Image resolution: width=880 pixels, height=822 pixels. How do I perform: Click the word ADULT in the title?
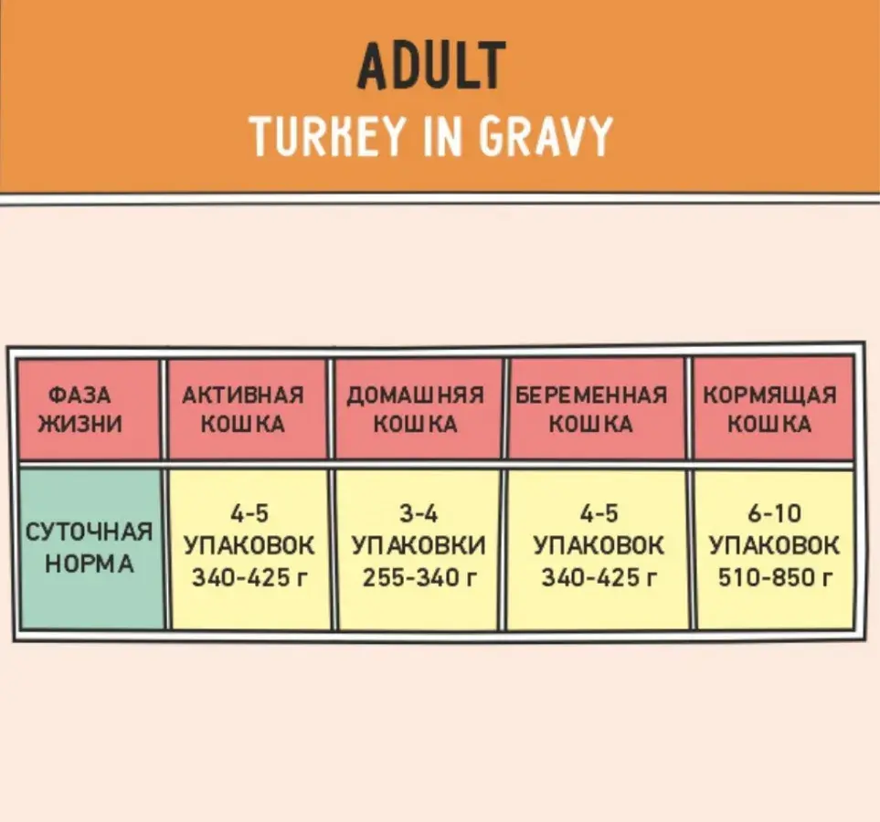(430, 67)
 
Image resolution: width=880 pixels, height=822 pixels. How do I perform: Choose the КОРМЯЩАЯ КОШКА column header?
(769, 409)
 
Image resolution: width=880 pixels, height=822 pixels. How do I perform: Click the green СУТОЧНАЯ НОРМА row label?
(89, 548)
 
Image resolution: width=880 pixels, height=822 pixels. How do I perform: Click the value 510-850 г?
(775, 578)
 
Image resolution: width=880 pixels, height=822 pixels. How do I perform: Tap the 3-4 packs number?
(419, 514)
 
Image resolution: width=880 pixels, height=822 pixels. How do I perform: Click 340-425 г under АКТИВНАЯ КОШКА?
(249, 578)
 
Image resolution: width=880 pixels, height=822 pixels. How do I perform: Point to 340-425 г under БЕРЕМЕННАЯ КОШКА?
(599, 578)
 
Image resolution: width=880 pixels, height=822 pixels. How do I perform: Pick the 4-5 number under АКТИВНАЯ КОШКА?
(249, 514)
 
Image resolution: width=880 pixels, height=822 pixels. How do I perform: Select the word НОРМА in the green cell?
(89, 564)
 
